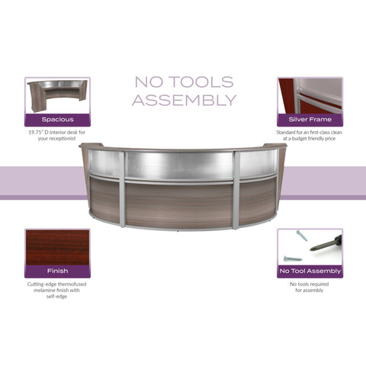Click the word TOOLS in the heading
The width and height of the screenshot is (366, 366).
click(x=201, y=82)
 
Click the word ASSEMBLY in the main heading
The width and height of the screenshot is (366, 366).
click(x=185, y=100)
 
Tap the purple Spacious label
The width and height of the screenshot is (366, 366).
click(x=57, y=120)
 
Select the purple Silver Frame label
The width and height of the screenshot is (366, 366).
click(x=310, y=120)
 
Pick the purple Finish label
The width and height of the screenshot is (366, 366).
click(x=57, y=271)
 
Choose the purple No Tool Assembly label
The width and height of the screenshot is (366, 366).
click(x=310, y=271)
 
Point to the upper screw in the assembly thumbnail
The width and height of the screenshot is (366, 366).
click(x=302, y=236)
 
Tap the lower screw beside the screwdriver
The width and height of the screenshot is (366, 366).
click(x=293, y=258)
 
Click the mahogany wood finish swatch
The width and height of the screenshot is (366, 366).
click(x=57, y=247)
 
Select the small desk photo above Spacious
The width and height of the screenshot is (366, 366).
click(x=57, y=96)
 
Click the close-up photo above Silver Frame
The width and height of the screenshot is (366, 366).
click(x=310, y=96)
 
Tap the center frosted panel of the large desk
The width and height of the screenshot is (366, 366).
click(x=179, y=165)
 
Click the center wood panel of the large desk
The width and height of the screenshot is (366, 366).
click(x=179, y=205)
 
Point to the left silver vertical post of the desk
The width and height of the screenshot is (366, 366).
click(x=122, y=188)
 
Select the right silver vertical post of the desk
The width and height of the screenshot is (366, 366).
click(x=236, y=190)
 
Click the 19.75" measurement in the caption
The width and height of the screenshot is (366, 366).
click(x=36, y=132)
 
